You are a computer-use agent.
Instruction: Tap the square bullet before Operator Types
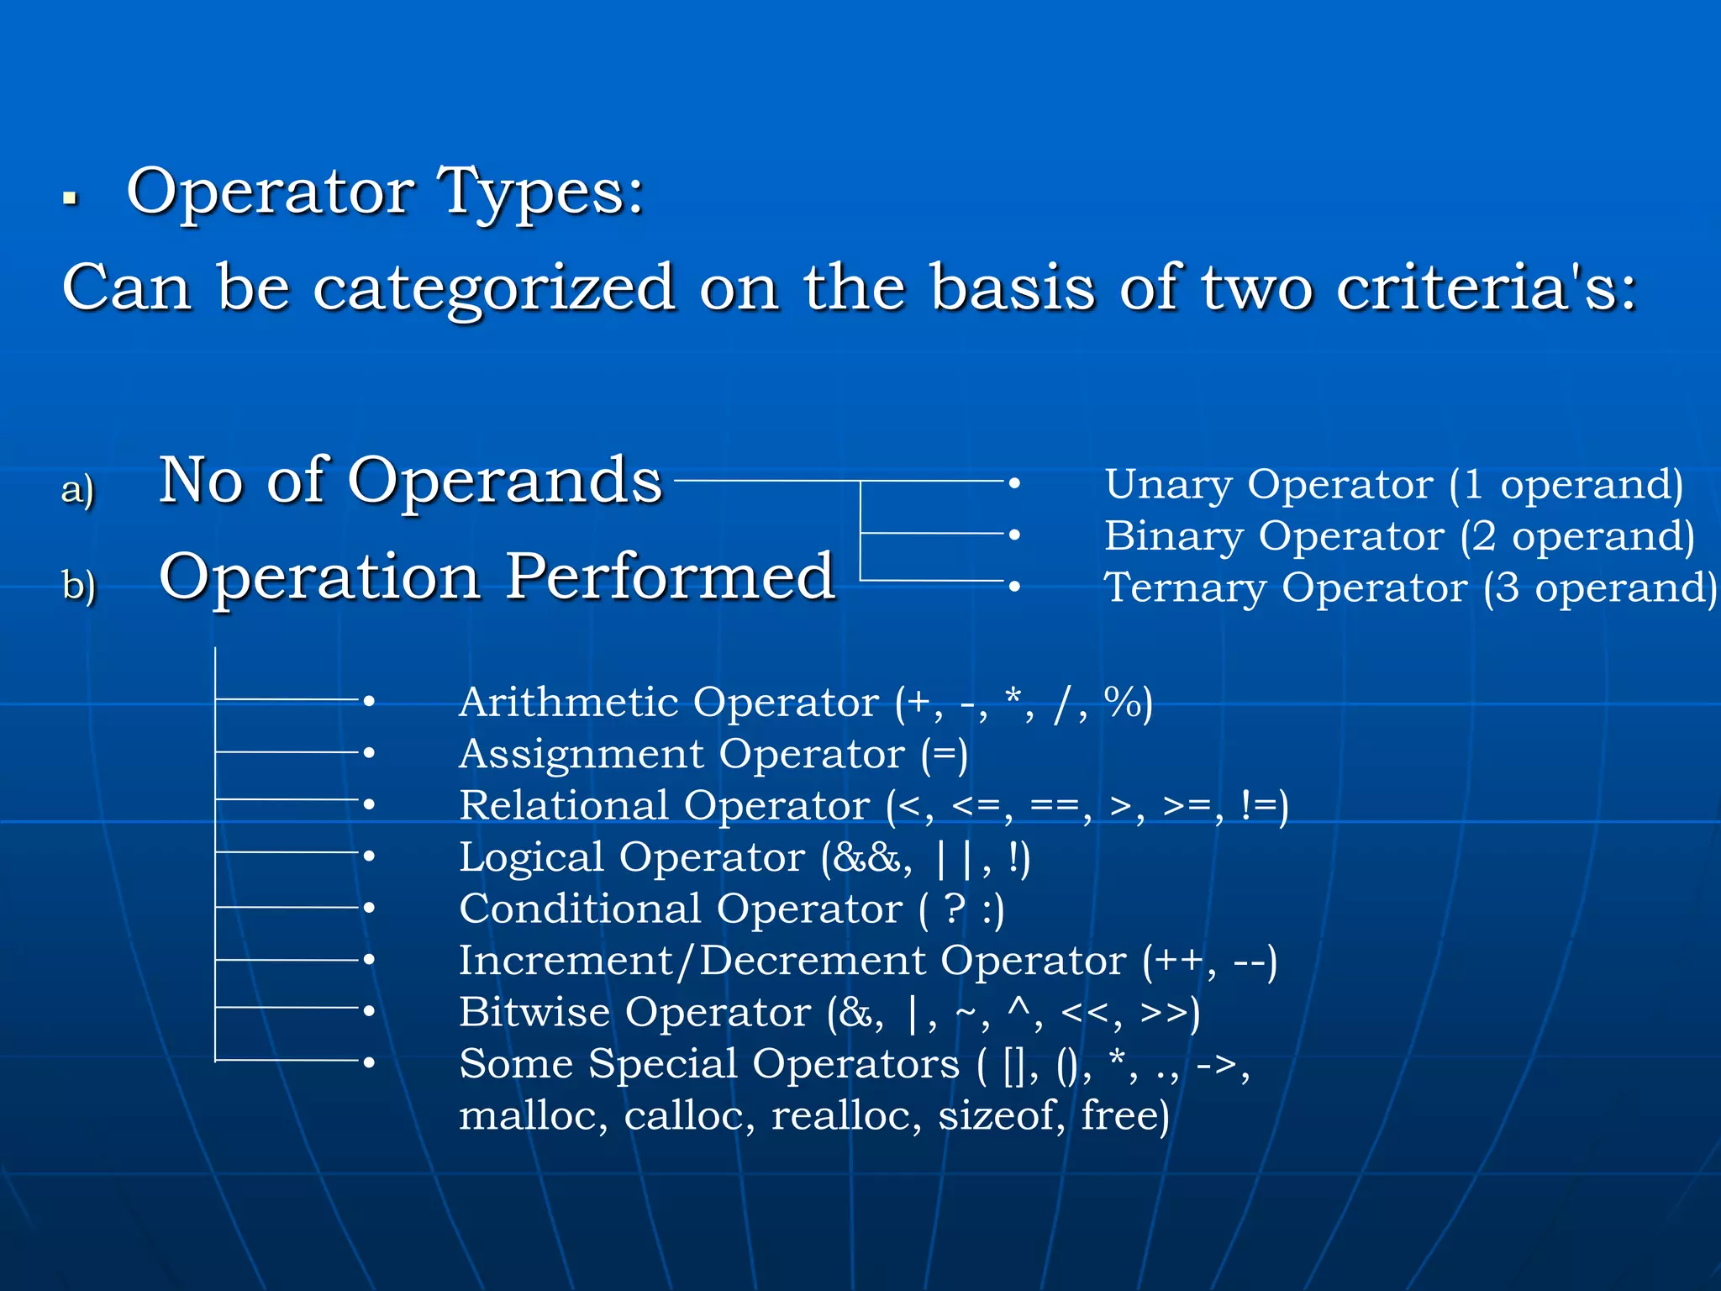(x=71, y=199)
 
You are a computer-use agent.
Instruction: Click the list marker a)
(x=78, y=489)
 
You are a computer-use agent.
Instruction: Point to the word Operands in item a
(x=505, y=481)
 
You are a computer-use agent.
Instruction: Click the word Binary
(x=1174, y=536)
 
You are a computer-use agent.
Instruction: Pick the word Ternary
(x=1185, y=588)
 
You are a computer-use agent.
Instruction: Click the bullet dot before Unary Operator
(x=1014, y=483)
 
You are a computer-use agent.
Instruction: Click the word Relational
(x=569, y=805)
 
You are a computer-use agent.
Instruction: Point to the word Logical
(x=531, y=858)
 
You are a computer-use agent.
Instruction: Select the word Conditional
(x=580, y=909)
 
